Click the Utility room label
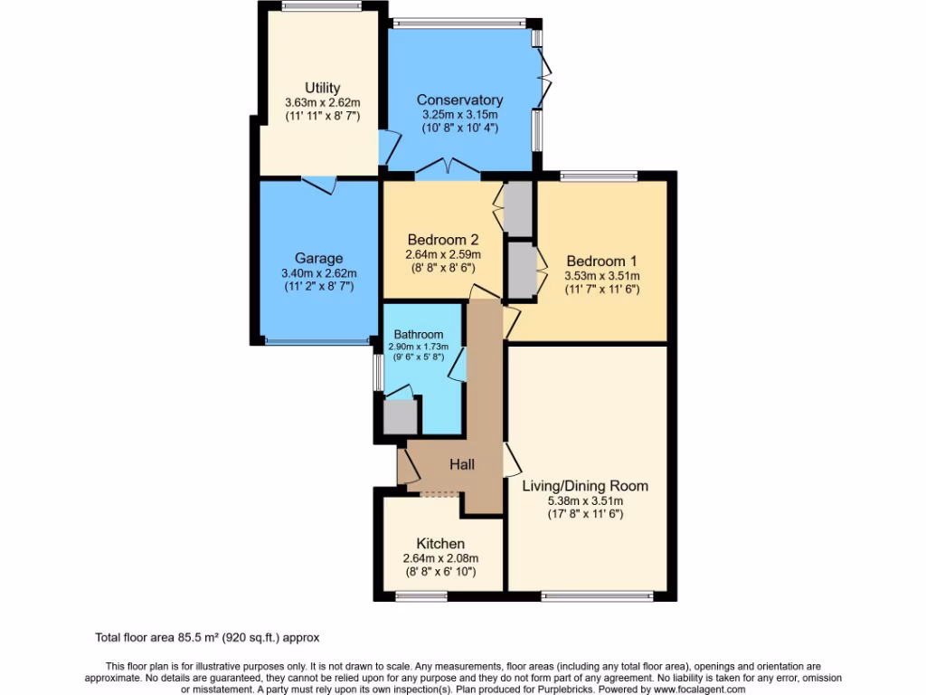tap(322, 88)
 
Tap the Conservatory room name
tap(459, 100)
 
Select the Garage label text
tap(318, 259)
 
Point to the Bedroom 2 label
tap(442, 240)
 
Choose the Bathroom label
tap(418, 334)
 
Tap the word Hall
tap(462, 464)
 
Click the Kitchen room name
tap(440, 543)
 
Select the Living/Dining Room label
tap(585, 486)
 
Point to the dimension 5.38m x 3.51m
tap(585, 500)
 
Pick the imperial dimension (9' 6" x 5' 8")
tap(418, 357)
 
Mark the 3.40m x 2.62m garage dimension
tap(318, 273)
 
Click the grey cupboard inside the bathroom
tap(399, 416)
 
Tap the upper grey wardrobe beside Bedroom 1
tap(519, 208)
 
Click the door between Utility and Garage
tap(319, 184)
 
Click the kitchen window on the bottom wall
tap(421, 595)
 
